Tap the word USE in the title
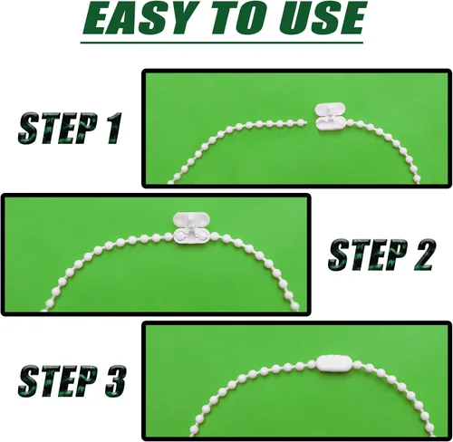tap(321, 18)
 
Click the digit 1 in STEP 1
tap(111, 128)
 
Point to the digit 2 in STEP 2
tap(420, 255)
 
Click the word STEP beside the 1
tap(56, 128)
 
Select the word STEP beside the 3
tap(56, 380)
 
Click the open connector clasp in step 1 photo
tap(331, 117)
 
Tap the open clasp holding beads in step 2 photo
tap(191, 228)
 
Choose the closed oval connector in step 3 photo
tap(334, 363)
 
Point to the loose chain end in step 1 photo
tap(304, 122)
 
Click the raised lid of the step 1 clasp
tap(331, 110)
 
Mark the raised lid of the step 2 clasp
tap(191, 219)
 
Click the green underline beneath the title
tap(222, 43)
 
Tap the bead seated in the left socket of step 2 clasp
tap(180, 235)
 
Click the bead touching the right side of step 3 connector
tap(357, 364)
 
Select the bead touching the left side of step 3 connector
tap(313, 364)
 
